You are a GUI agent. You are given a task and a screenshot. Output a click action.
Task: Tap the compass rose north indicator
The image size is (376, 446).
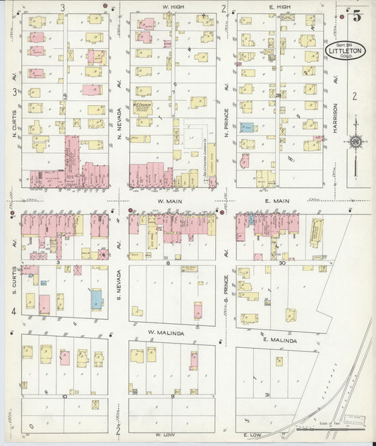(x=356, y=143)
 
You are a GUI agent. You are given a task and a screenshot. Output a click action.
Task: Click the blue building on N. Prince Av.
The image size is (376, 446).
(x=246, y=127)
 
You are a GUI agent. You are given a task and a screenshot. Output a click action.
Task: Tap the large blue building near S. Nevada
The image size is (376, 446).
(x=95, y=299)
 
